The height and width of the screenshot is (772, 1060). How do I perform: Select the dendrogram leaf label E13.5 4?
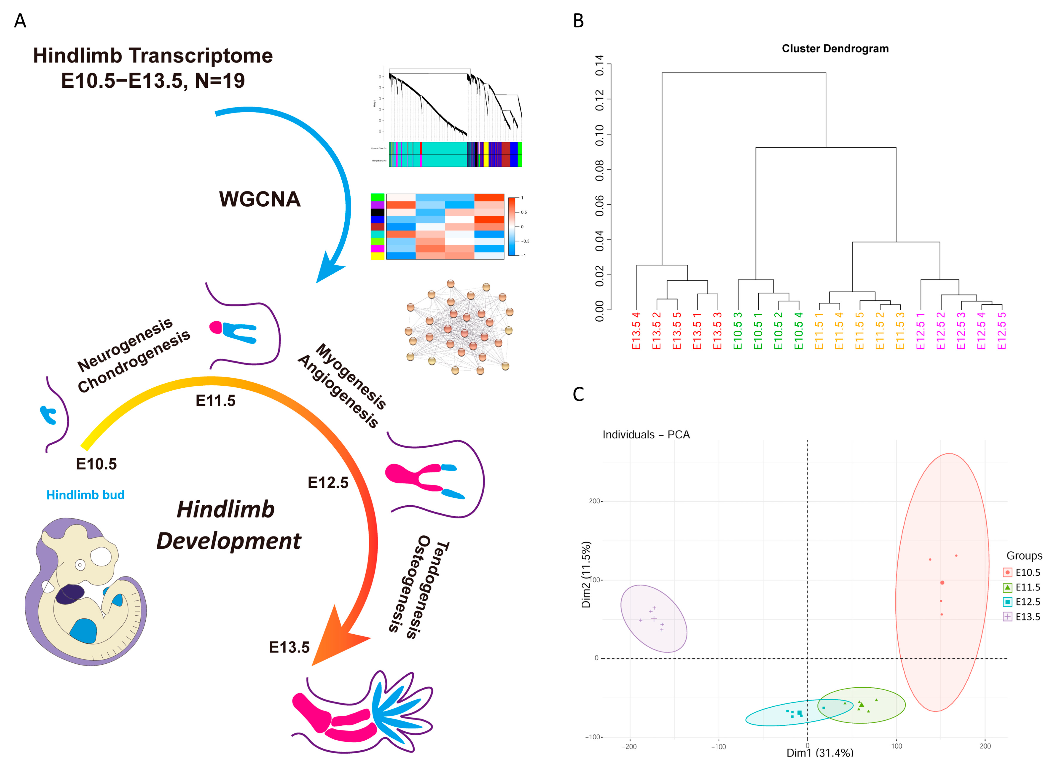pos(636,331)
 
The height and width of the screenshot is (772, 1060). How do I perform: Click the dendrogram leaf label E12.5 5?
pos(1001,331)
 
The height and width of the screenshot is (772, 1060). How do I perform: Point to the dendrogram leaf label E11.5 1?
pos(819,331)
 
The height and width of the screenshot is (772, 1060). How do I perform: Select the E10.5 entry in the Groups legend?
pos(1027,572)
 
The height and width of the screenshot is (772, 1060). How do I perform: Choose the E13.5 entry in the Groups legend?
pos(1027,617)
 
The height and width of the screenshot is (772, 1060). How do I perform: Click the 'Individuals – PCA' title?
pos(646,435)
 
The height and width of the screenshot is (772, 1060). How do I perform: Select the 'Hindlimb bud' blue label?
pos(85,495)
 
